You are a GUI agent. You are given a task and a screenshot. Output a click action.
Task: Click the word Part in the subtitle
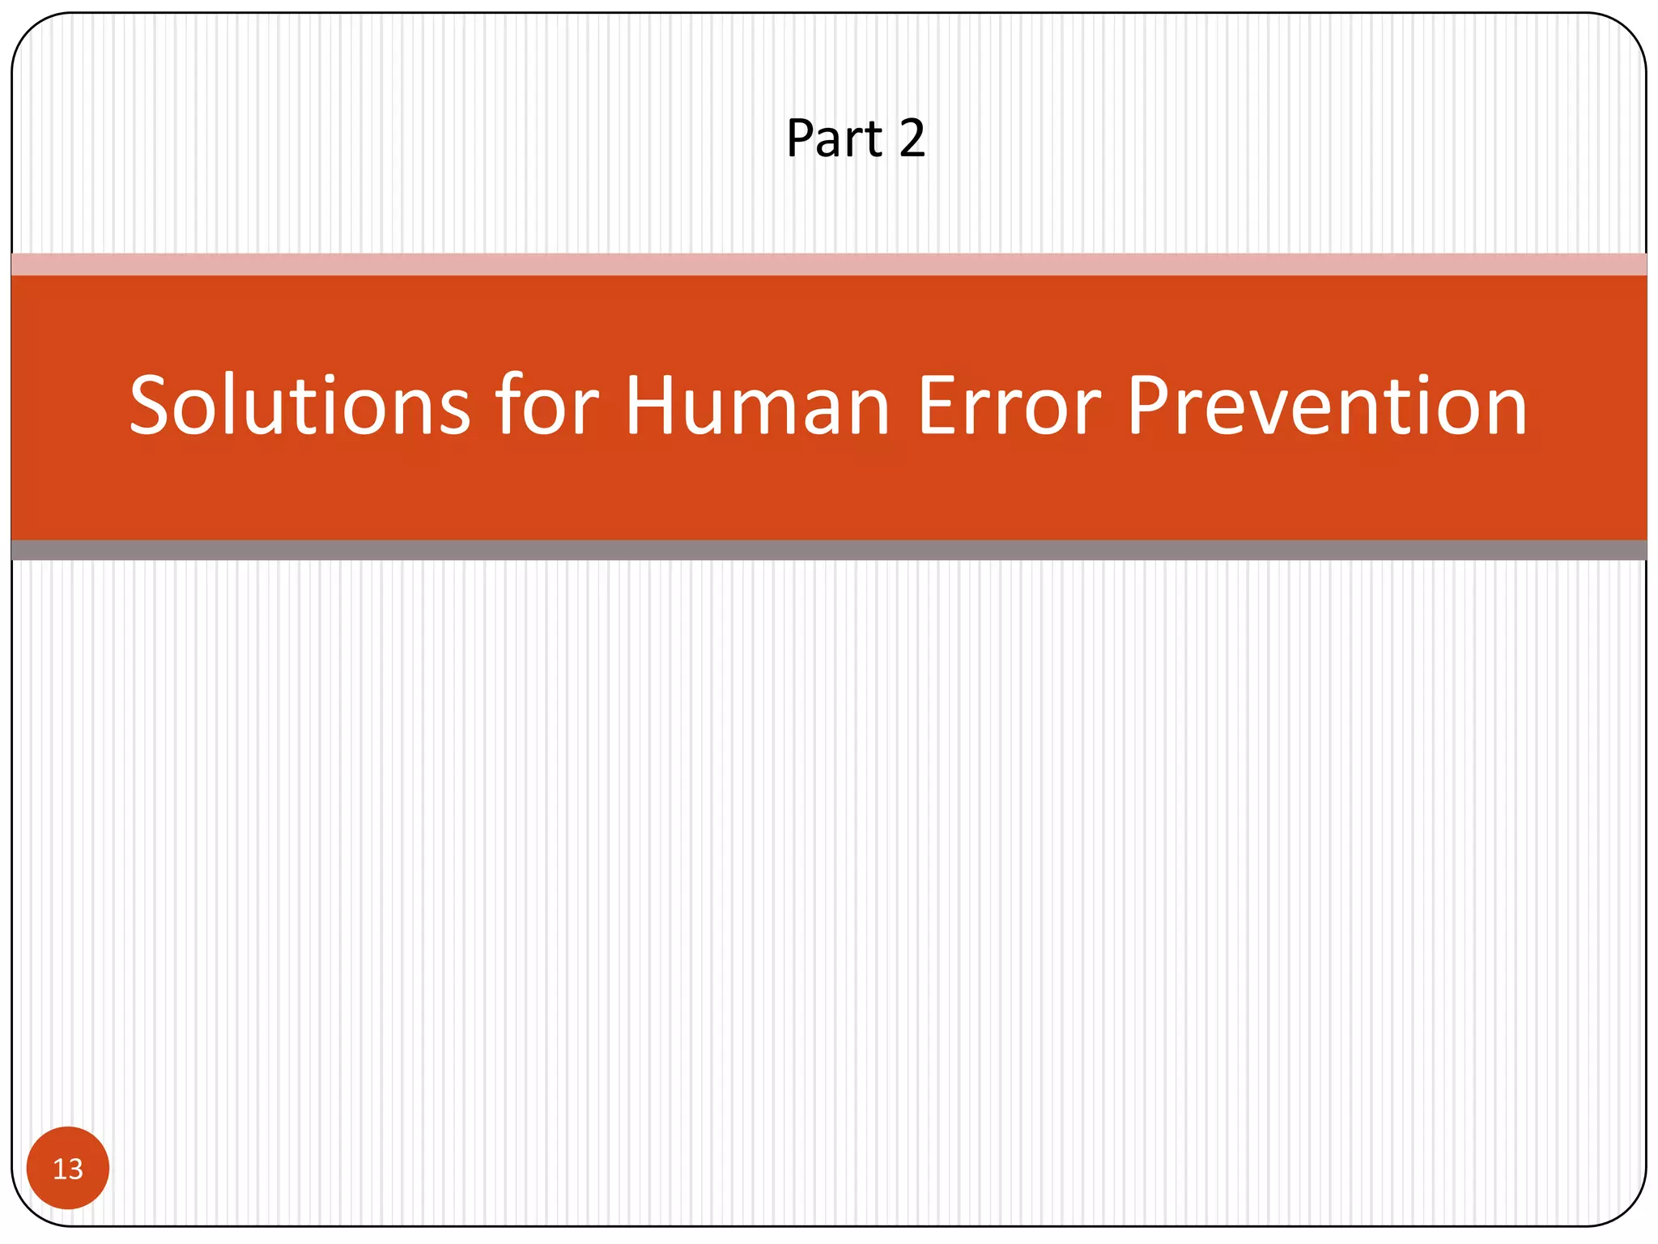point(834,138)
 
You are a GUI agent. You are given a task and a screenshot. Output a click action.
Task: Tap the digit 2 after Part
point(912,138)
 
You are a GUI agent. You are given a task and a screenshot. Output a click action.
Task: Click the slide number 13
point(68,1169)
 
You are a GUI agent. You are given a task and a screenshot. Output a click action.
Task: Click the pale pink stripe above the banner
point(829,264)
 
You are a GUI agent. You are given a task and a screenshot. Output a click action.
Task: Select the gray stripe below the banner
point(829,550)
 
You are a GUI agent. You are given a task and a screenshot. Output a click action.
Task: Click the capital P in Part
point(801,138)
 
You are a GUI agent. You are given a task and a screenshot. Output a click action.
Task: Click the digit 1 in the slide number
point(59,1169)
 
